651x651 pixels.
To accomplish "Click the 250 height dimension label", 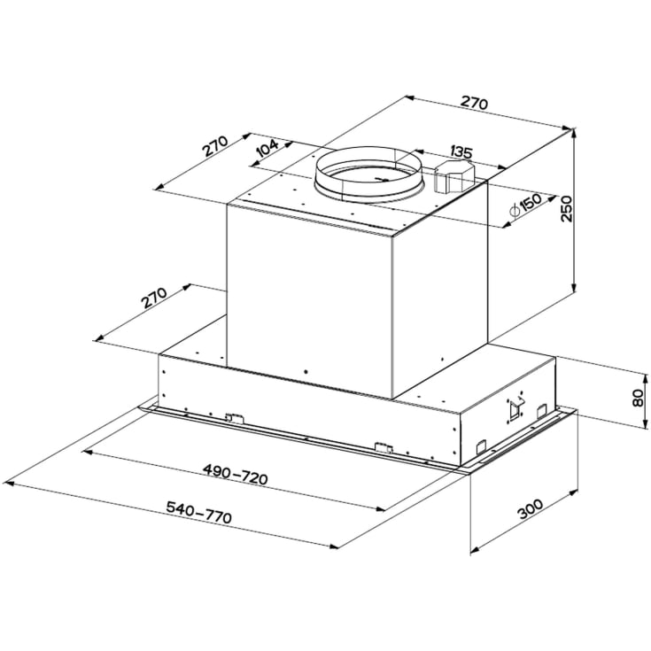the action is [566, 209].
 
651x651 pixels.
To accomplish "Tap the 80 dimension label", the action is [638, 399].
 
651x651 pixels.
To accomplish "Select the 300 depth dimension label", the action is [531, 509].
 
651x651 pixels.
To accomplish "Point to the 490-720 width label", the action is [235, 474].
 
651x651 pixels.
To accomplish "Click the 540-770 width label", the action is [198, 512].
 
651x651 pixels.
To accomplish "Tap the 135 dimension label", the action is [461, 151].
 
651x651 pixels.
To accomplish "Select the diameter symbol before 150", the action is [514, 211].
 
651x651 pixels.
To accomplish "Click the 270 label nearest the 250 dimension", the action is [475, 103].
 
